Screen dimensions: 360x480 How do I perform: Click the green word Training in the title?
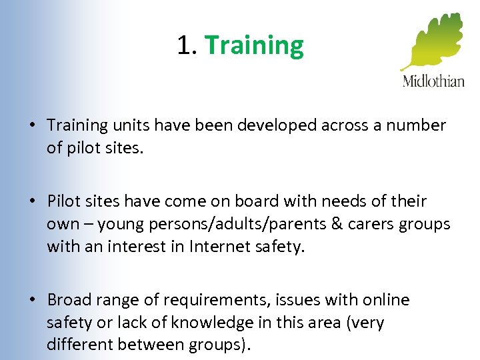click(x=254, y=46)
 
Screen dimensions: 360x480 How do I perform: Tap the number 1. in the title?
click(x=187, y=46)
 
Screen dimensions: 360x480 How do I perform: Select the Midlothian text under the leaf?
click(x=433, y=81)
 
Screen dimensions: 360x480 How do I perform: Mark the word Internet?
click(x=219, y=247)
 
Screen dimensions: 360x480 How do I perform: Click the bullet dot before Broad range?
click(x=32, y=301)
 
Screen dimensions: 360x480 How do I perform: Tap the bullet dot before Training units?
click(x=32, y=125)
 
